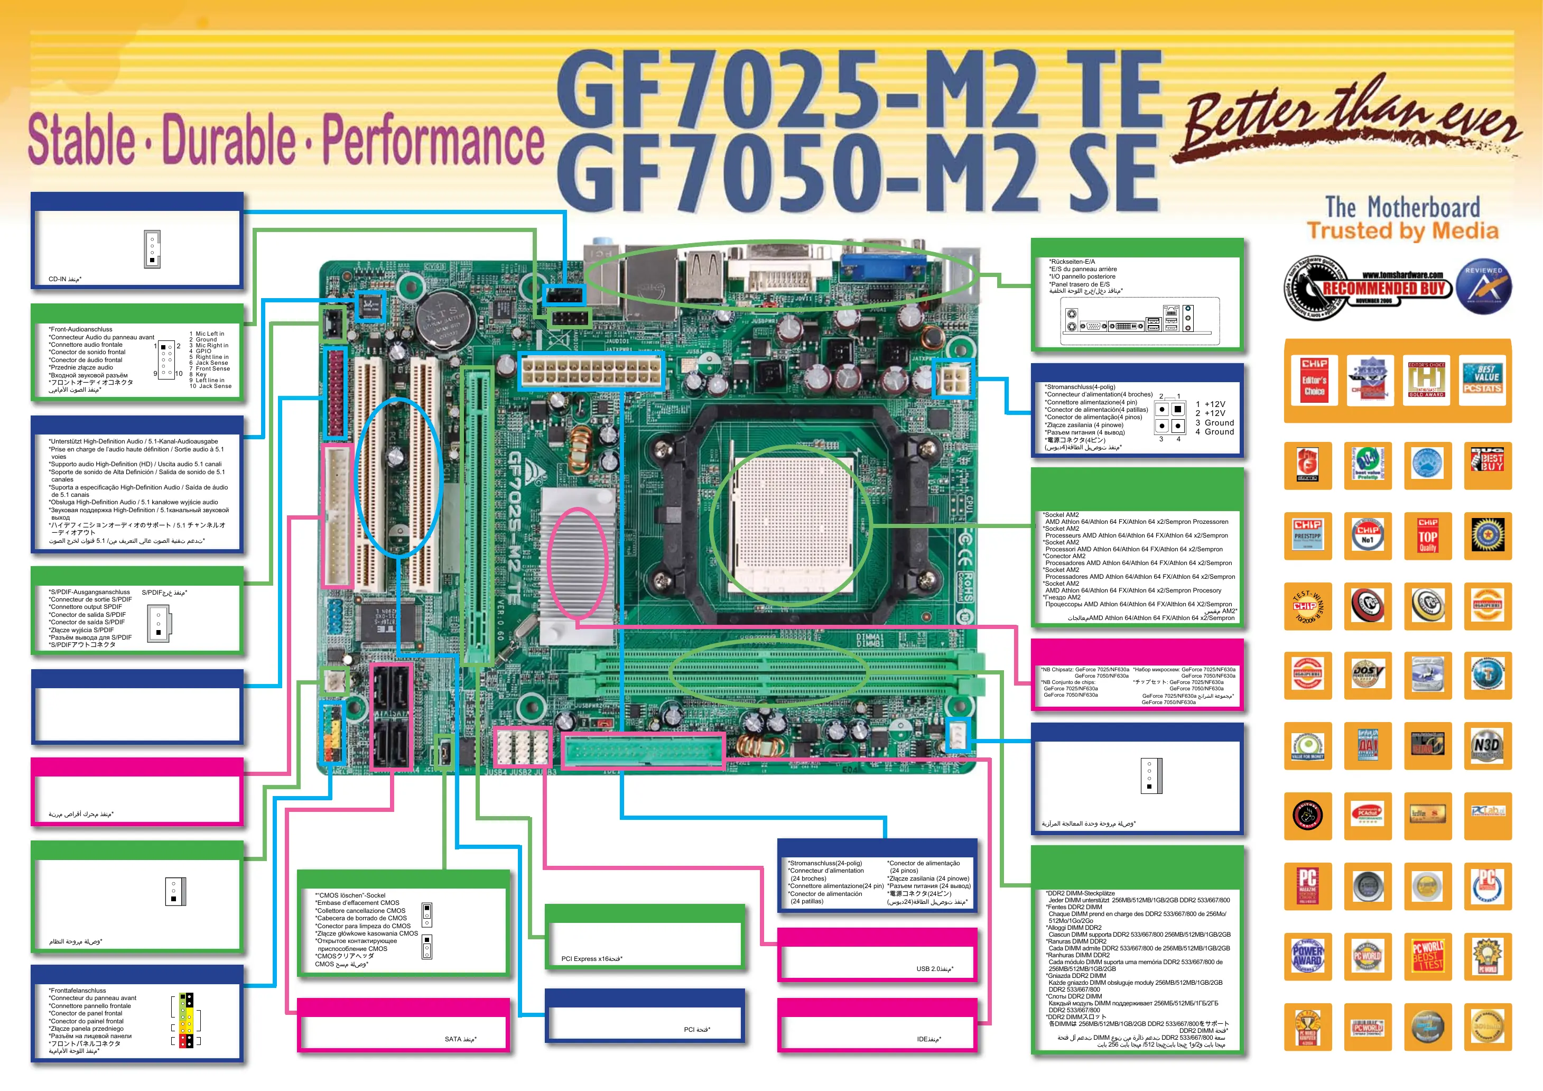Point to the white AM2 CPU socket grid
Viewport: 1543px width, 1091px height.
click(791, 523)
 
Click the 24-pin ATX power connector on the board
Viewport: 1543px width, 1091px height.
click(591, 371)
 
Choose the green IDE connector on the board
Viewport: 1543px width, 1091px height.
click(643, 750)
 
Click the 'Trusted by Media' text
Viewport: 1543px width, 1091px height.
click(1402, 231)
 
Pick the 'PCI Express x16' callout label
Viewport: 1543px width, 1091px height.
click(591, 958)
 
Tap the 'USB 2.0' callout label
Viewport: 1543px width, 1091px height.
click(935, 969)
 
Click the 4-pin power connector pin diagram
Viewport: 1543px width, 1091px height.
click(1169, 417)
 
